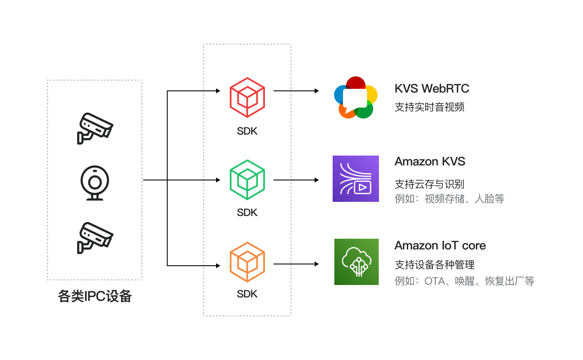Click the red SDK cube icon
click(x=247, y=98)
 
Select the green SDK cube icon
click(x=247, y=180)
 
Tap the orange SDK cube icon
click(x=247, y=262)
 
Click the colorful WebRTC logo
click(x=355, y=97)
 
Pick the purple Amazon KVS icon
click(x=356, y=179)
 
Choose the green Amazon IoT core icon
click(x=356, y=262)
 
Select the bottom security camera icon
click(x=95, y=237)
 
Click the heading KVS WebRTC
click(x=432, y=89)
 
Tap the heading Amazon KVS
click(x=430, y=162)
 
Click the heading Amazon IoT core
click(x=440, y=246)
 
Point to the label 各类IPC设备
click(x=95, y=296)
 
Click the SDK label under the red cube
click(x=247, y=131)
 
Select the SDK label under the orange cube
click(x=247, y=294)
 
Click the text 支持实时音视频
click(x=430, y=107)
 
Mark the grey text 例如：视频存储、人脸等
click(x=449, y=198)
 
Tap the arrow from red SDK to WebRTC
click(x=296, y=91)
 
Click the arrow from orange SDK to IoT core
click(x=296, y=264)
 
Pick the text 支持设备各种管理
click(x=435, y=265)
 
